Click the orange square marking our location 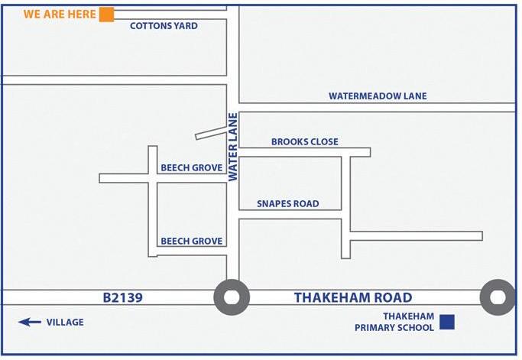coord(107,15)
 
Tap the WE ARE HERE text coord(60,15)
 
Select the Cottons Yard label coord(164,26)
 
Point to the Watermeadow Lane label coord(378,96)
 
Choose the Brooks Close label coord(304,142)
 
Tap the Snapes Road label coord(287,204)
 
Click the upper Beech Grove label coord(191,168)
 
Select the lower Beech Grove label coord(191,242)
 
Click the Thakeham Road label coord(353,298)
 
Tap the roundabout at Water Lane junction coord(232,297)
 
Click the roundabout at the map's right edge coord(498,297)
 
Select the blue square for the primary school coord(447,322)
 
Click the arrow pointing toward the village coord(30,323)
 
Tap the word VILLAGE coord(65,323)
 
